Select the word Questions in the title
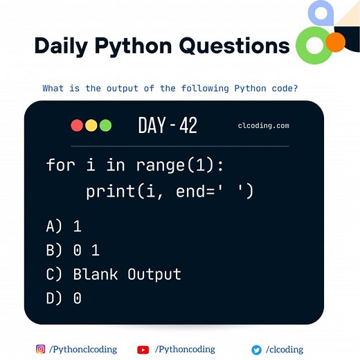[x=234, y=46]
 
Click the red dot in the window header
[x=77, y=125]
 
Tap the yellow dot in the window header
[x=91, y=125]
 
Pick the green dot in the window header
[x=105, y=125]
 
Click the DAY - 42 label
[x=168, y=125]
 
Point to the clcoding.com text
[x=263, y=126]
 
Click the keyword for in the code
[x=60, y=165]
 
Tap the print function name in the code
[x=109, y=190]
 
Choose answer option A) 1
[x=64, y=226]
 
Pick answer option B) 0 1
[x=73, y=250]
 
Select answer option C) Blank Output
[x=114, y=274]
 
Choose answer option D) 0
[x=64, y=298]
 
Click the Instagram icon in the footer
[x=41, y=350]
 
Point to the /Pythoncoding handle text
[x=185, y=350]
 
